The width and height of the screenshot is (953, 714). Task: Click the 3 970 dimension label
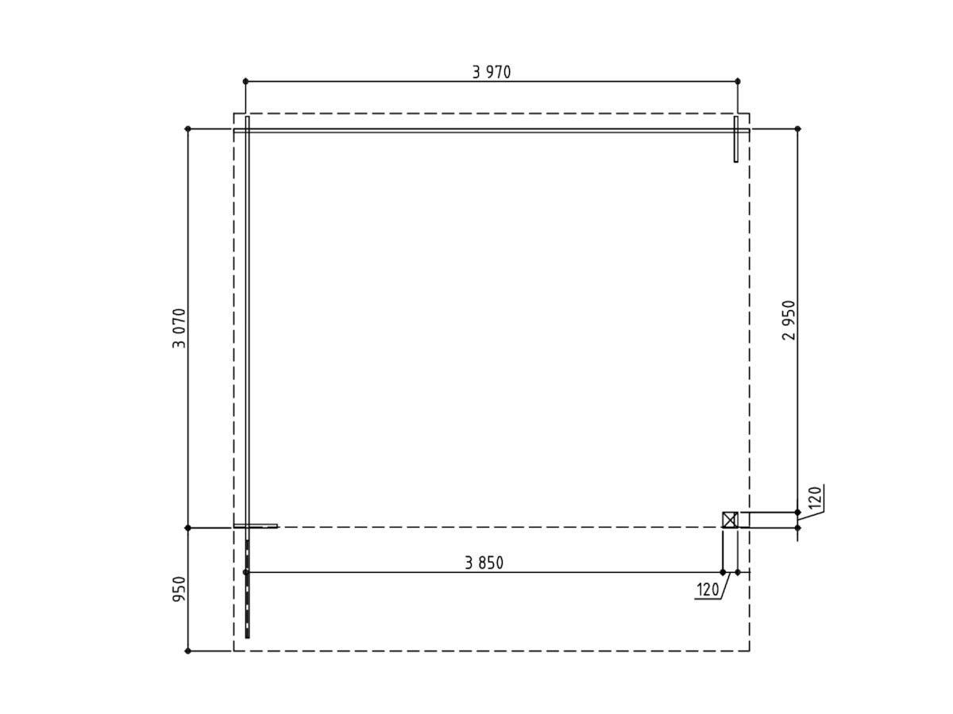[x=492, y=72]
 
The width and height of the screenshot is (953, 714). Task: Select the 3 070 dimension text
[x=179, y=328]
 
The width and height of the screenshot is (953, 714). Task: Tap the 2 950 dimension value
[x=789, y=321]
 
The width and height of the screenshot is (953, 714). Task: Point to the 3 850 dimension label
[x=484, y=563]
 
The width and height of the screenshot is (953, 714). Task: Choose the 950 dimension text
[x=179, y=589]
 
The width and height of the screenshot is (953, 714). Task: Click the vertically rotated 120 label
[x=815, y=498]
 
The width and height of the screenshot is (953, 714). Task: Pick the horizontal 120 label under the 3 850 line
[x=707, y=590]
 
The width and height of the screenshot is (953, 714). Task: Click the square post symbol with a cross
[x=730, y=520]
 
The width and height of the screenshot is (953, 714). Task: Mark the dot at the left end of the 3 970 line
[x=245, y=82]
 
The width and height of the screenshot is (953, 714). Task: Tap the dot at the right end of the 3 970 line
[x=738, y=82]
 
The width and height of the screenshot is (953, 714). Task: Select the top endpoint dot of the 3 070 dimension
[x=188, y=129]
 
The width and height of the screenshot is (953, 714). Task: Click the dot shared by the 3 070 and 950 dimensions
[x=188, y=528]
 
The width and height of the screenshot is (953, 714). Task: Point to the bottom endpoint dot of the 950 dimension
[x=188, y=651]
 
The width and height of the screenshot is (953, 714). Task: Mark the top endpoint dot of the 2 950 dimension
[x=798, y=129]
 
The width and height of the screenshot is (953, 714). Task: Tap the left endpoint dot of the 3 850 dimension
[x=245, y=572]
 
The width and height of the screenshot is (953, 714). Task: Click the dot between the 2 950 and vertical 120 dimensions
[x=798, y=512]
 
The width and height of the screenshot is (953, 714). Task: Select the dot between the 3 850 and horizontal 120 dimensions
[x=723, y=572]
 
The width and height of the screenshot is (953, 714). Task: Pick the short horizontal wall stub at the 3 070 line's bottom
[x=256, y=525]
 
